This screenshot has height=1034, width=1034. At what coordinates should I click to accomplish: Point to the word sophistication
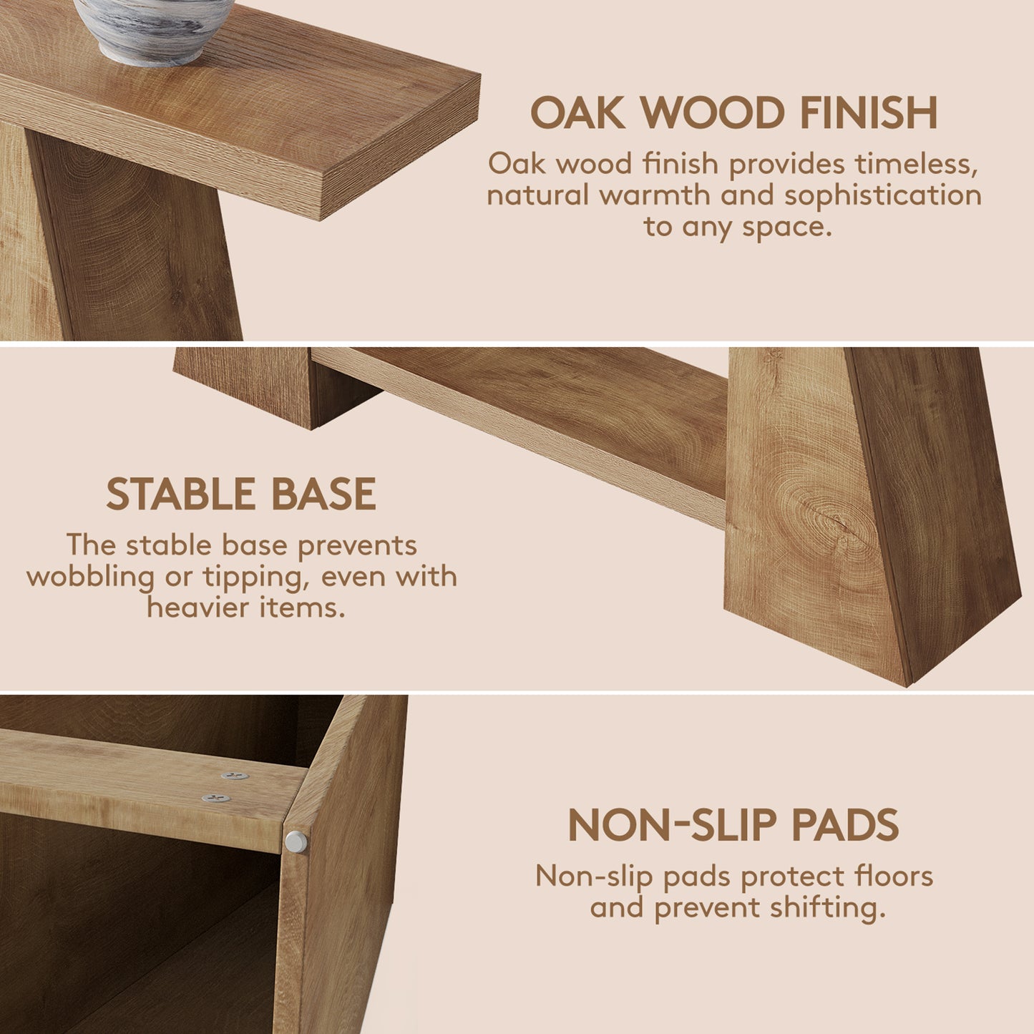883,196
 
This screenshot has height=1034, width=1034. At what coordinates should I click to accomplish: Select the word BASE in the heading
323,494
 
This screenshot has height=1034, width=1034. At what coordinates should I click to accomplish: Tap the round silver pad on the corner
296,842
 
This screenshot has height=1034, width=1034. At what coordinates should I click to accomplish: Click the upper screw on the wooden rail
235,776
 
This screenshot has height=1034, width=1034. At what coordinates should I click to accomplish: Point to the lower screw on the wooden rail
216,799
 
